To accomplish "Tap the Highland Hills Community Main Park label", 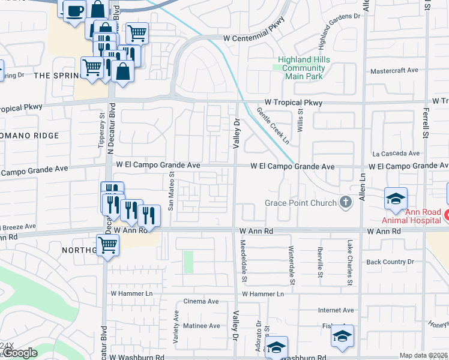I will click(x=301, y=64).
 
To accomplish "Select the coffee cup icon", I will click(x=74, y=11).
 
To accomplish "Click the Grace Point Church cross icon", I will click(x=345, y=203).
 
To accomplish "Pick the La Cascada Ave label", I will click(x=395, y=154).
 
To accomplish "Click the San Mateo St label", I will click(x=170, y=192).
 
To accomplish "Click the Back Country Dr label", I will click(x=390, y=262).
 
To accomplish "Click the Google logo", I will click(x=20, y=353).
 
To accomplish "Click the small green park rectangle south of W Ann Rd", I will click(x=188, y=262).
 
